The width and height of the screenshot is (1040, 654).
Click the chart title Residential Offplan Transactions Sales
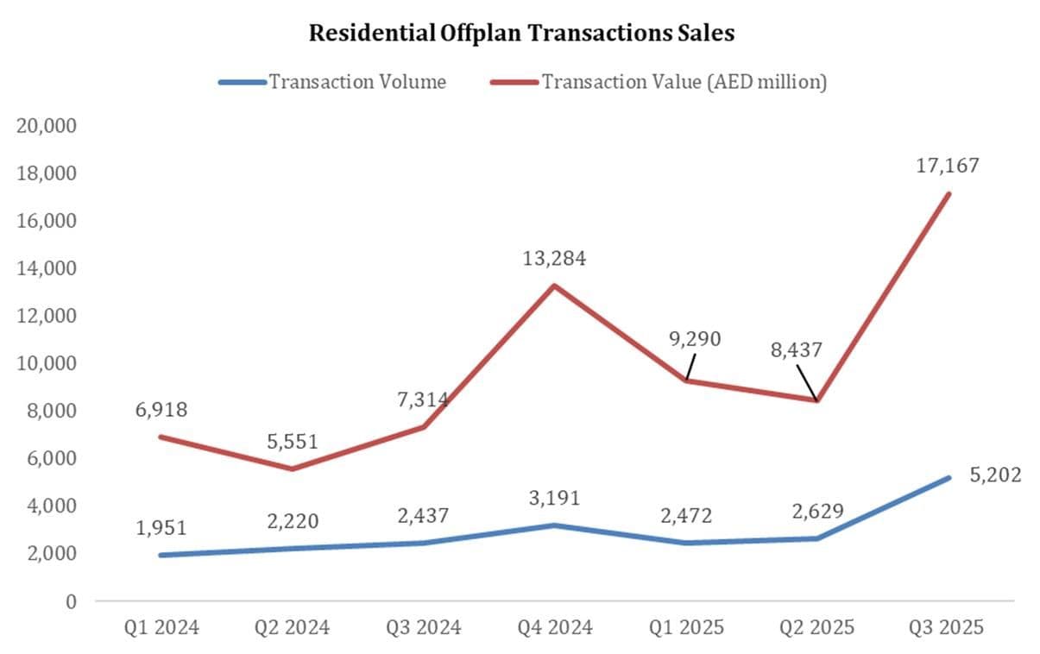(521, 34)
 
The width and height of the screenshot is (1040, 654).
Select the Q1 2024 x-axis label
(161, 627)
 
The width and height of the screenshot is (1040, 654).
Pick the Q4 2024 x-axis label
(554, 627)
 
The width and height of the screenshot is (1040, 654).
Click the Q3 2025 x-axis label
(947, 627)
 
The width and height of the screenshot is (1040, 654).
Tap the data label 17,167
(949, 165)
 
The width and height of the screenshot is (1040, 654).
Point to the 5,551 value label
(291, 442)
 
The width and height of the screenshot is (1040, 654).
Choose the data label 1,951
(161, 527)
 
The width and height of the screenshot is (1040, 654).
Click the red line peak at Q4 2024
(554, 286)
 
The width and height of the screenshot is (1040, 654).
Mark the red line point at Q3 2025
(949, 193)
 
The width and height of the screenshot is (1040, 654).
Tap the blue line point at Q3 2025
(949, 477)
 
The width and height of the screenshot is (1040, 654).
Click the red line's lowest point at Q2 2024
(292, 468)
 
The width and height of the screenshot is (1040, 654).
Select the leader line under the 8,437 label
(806, 382)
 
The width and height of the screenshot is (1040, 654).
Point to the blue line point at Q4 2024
(554, 525)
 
